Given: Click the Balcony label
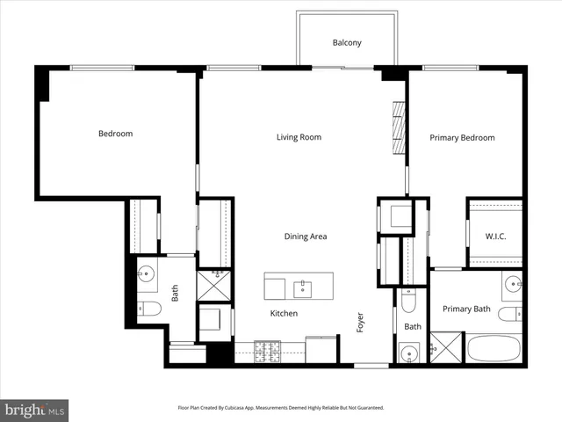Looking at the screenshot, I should point(347,43).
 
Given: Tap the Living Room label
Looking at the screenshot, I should point(299,137).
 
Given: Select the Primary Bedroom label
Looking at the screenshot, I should point(462,138).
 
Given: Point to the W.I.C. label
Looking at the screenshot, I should point(496,236).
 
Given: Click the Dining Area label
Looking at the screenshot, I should point(306,236).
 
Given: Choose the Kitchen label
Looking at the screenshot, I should point(284,314).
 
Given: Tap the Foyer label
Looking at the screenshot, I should point(360,322).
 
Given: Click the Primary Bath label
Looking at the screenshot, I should point(466,309).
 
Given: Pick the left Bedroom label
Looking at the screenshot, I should point(115,134).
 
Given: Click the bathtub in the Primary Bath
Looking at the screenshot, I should point(495,348).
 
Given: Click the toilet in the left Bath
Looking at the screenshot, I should point(148,309).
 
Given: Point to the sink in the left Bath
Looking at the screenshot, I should point(146,275).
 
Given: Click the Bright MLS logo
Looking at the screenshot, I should point(34,410).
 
